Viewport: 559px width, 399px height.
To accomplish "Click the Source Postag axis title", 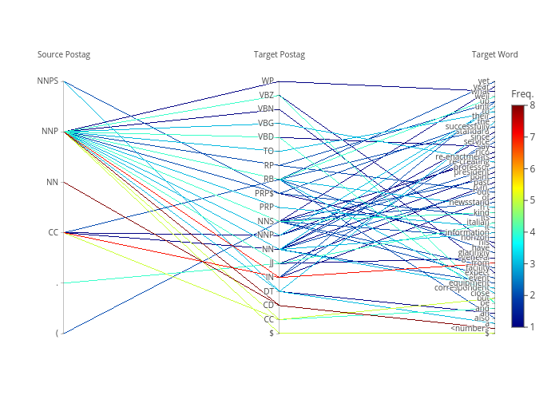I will [64, 54].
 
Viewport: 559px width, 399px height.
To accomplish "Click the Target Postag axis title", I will [279, 54].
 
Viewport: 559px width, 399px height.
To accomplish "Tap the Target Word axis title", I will [494, 54].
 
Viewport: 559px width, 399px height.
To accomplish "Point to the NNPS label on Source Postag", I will [48, 81].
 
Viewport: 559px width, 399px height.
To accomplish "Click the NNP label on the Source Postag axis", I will [50, 132].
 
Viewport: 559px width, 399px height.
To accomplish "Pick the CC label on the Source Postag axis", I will [53, 232].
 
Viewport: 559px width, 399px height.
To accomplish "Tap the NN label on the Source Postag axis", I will [52, 182].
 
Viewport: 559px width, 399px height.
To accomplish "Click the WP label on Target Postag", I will [268, 81].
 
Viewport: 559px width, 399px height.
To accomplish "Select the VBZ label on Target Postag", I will [266, 95].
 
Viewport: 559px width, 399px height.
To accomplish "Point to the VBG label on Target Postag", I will [266, 123].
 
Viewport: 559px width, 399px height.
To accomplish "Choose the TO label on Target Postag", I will [268, 151].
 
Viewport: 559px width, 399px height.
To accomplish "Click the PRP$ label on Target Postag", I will [264, 193].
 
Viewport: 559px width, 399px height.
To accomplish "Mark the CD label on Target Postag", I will [268, 305].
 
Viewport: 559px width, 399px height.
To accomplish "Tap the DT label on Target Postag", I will [268, 291].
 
